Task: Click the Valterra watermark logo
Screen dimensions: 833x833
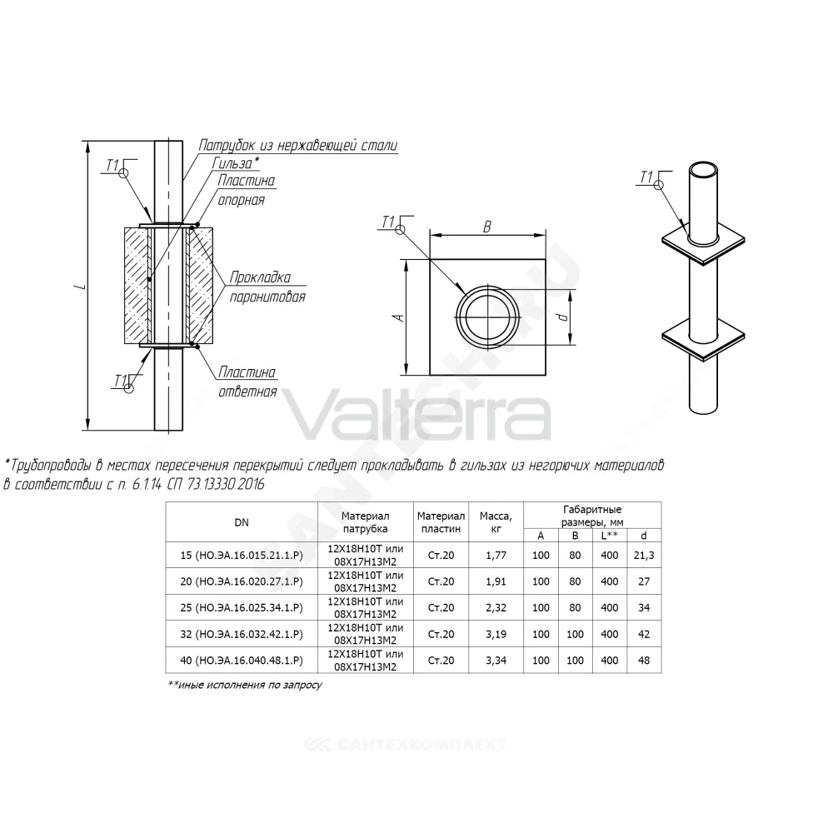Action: coord(418,414)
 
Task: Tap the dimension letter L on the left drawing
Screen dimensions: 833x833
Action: coord(81,287)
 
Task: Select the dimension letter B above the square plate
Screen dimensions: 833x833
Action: coord(486,227)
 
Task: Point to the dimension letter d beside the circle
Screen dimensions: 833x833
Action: coord(564,317)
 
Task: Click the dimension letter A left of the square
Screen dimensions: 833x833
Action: coord(400,317)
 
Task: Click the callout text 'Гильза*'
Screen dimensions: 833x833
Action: coord(237,162)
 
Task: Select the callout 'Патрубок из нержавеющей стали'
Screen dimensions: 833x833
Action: coord(298,145)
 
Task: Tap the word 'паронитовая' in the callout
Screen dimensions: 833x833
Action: coord(267,297)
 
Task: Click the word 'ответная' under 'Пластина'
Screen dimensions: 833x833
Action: coord(247,392)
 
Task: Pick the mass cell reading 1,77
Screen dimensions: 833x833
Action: coord(496,555)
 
